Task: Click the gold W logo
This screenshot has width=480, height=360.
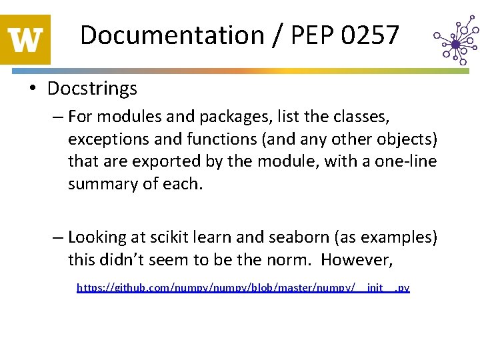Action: (x=25, y=39)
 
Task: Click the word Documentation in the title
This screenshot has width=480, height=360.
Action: (x=172, y=35)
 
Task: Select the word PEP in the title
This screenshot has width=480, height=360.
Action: (x=309, y=35)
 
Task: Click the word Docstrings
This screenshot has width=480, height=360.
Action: (x=92, y=88)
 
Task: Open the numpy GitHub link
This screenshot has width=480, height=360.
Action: (x=243, y=288)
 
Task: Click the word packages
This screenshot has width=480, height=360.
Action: (x=221, y=117)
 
